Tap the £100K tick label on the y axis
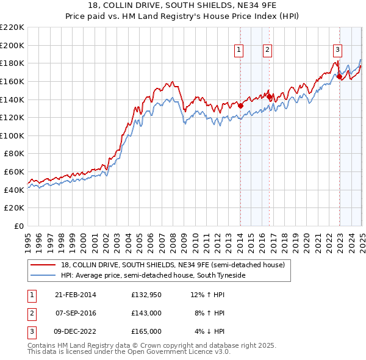(x=12, y=135)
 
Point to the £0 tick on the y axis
(x=19, y=226)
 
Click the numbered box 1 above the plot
(x=239, y=51)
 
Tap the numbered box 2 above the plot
(x=268, y=51)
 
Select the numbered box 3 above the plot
(x=337, y=51)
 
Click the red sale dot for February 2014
(x=240, y=106)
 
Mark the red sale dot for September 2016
(x=269, y=96)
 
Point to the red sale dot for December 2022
(x=339, y=76)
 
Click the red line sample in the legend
(x=43, y=265)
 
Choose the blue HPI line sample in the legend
(x=43, y=276)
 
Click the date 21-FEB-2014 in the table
(x=76, y=295)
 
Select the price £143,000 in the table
(x=146, y=313)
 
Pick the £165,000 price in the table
(x=146, y=331)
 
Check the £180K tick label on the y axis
(x=12, y=63)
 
